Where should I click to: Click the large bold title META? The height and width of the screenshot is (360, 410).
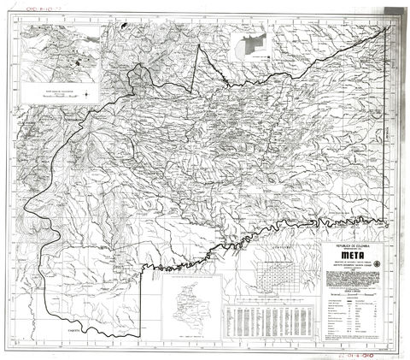(x=353, y=253)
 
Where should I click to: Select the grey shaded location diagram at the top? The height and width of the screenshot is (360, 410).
(x=255, y=44)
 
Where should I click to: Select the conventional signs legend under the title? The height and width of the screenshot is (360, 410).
(x=353, y=316)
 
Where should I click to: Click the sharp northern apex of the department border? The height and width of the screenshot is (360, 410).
(x=200, y=44)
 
